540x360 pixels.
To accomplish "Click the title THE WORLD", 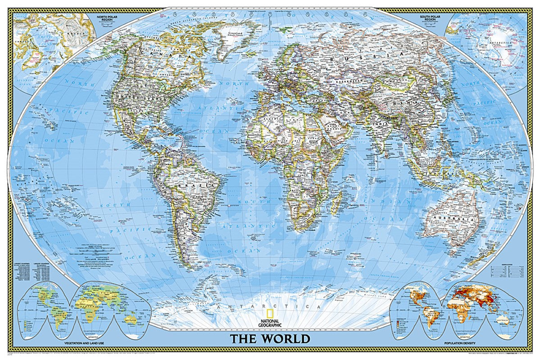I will coord(270,338).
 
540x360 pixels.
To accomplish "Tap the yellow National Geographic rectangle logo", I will coord(269,314).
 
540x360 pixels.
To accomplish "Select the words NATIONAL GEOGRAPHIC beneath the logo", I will coord(270,322).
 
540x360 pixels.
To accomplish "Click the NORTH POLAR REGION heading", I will coord(107,19).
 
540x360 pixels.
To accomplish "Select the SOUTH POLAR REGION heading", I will coord(430,19).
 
